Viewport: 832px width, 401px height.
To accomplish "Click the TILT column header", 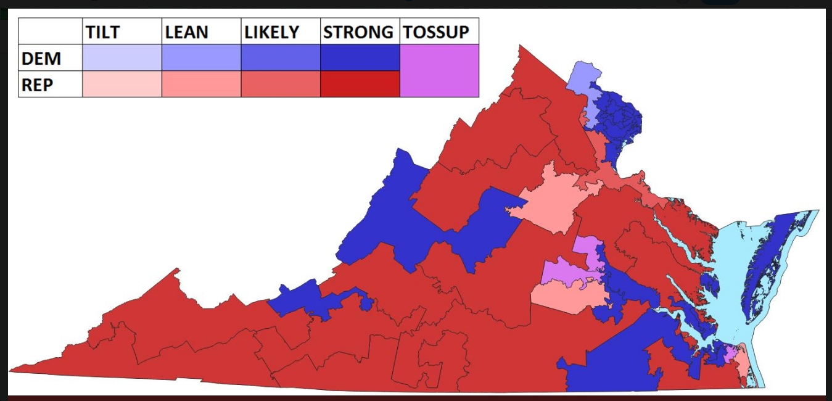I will click(102, 32).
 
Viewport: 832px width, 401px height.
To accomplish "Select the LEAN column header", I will click(187, 32).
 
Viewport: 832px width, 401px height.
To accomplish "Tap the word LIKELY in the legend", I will click(271, 32).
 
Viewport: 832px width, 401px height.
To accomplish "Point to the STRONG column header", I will click(359, 32).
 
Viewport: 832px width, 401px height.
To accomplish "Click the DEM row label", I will click(41, 59).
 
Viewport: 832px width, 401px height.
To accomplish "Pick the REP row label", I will click(38, 85).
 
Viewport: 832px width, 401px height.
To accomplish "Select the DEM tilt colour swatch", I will click(122, 57).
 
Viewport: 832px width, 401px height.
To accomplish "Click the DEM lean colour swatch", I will click(201, 57).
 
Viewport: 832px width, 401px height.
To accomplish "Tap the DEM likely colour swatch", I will click(280, 57).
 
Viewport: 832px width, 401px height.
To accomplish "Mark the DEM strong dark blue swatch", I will click(360, 57).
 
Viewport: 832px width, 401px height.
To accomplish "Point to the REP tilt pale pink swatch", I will click(122, 84).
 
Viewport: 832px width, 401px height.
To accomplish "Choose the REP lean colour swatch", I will click(201, 84).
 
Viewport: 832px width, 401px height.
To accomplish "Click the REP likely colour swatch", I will click(280, 84).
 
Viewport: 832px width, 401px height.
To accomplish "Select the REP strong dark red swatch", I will click(360, 84).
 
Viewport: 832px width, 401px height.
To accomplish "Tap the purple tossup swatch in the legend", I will click(439, 70).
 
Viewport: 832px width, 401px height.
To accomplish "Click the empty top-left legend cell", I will click(50, 31).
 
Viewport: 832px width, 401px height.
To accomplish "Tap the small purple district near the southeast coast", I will click(730, 353).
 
